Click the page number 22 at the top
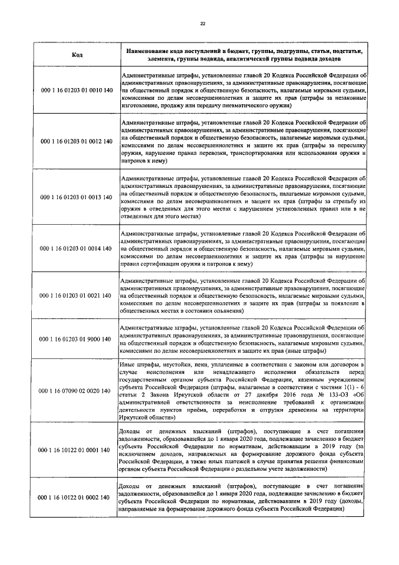(x=202, y=24)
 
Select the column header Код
(x=77, y=55)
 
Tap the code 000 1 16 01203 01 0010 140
(x=77, y=91)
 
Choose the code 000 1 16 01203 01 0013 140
(x=77, y=197)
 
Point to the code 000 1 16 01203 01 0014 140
(x=77, y=248)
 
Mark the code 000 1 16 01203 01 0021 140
(x=77, y=295)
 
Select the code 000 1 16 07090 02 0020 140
(x=77, y=391)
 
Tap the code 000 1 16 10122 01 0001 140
(x=77, y=450)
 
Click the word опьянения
(x=222, y=310)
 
